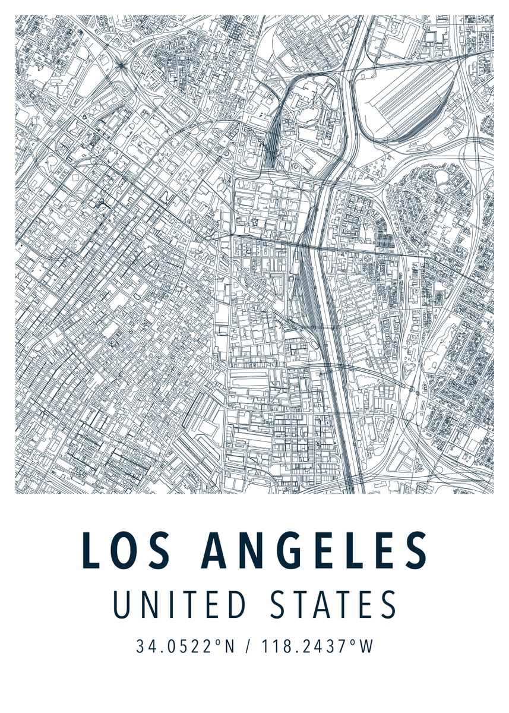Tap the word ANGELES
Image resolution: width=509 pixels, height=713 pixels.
pyautogui.click(x=315, y=550)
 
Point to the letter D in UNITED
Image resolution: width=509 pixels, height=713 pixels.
pyautogui.click(x=236, y=605)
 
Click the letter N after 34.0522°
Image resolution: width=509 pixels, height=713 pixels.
pyautogui.click(x=230, y=646)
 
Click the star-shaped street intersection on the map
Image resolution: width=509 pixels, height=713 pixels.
pyautogui.click(x=121, y=64)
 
